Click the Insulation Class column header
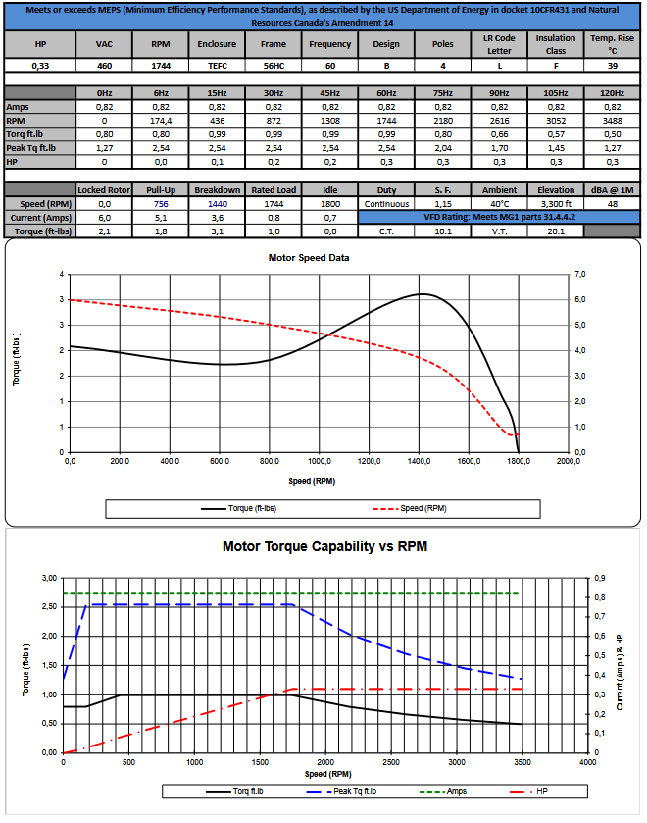click(556, 44)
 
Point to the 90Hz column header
click(499, 92)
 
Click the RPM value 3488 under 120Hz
click(612, 121)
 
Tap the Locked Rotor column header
click(104, 189)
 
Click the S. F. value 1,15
click(442, 203)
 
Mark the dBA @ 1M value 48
click(612, 203)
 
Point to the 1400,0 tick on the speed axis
click(419, 460)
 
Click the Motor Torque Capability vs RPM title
click(324, 546)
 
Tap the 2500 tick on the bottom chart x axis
click(390, 761)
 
